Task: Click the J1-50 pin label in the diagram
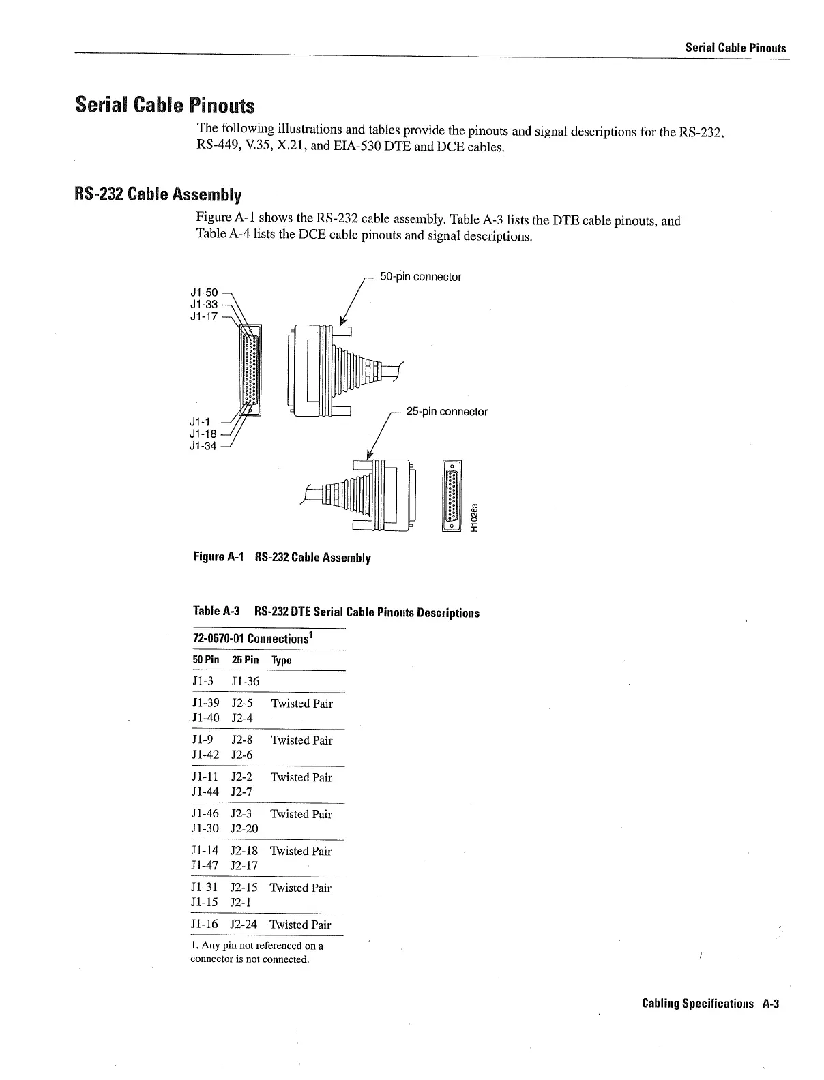(x=203, y=292)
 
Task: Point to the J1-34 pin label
(x=203, y=447)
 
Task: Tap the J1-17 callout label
(x=203, y=316)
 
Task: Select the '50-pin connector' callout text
(x=420, y=277)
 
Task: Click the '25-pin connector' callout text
(x=447, y=412)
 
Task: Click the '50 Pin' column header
(x=206, y=660)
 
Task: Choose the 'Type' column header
(x=281, y=660)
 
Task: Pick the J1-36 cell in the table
(x=245, y=681)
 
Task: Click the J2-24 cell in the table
(x=244, y=925)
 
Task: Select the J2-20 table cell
(x=244, y=828)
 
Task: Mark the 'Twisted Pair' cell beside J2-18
(x=301, y=851)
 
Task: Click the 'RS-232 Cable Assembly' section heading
(x=158, y=195)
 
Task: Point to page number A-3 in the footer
(x=771, y=1004)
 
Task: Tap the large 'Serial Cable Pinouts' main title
(x=164, y=106)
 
